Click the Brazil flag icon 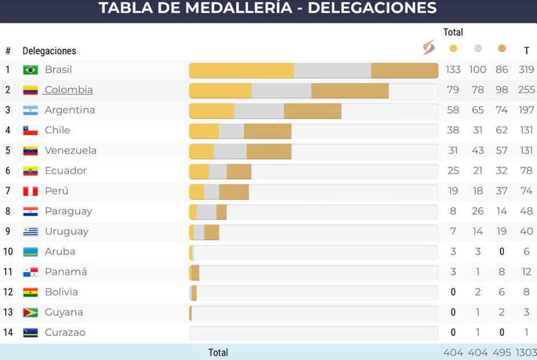(x=31, y=70)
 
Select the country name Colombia (x=68, y=90)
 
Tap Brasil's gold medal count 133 (x=453, y=70)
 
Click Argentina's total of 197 (x=526, y=110)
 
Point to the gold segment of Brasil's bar (x=241, y=70)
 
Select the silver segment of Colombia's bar (x=281, y=90)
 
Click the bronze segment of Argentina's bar (x=312, y=111)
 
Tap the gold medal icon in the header (x=453, y=48)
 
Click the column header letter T (x=526, y=51)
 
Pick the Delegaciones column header (x=49, y=51)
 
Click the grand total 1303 (x=526, y=353)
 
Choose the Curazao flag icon (x=31, y=332)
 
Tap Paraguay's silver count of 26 (x=478, y=211)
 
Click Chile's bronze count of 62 (x=502, y=130)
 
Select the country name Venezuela (x=70, y=150)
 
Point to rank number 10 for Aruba (x=8, y=252)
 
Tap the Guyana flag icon (x=31, y=312)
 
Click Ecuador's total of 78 (x=526, y=170)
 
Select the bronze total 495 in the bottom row (x=502, y=353)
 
